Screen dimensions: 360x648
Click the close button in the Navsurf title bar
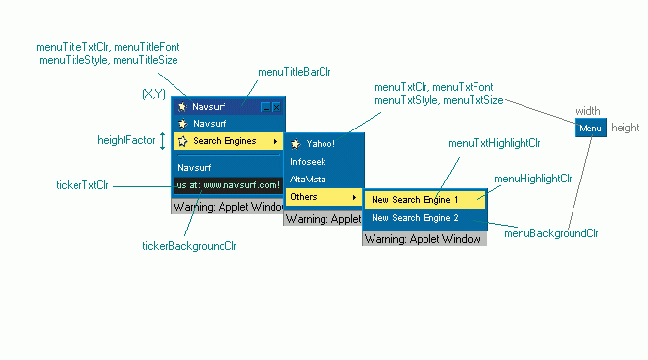click(276, 106)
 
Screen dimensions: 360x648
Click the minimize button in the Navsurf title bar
click(265, 106)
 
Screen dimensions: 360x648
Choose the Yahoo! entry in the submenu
click(320, 143)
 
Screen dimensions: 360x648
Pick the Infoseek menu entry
click(309, 161)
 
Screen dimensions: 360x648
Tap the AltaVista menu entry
click(310, 180)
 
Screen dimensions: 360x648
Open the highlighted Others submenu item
click(323, 197)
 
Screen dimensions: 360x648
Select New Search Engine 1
click(415, 199)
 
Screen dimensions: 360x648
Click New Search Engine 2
click(415, 217)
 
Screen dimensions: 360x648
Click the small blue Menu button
click(590, 129)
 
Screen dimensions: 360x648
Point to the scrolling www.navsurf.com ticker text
click(228, 184)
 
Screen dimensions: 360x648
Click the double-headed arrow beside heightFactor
click(164, 141)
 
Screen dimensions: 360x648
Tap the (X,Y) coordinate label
click(154, 94)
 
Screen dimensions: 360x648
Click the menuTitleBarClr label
click(294, 72)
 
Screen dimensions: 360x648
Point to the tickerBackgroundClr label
click(189, 246)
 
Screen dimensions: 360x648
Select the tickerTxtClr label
click(82, 184)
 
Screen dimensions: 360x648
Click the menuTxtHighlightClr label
click(493, 143)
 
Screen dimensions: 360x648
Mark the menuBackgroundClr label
click(551, 233)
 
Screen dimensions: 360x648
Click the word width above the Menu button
click(587, 111)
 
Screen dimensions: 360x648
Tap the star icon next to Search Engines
click(182, 141)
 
